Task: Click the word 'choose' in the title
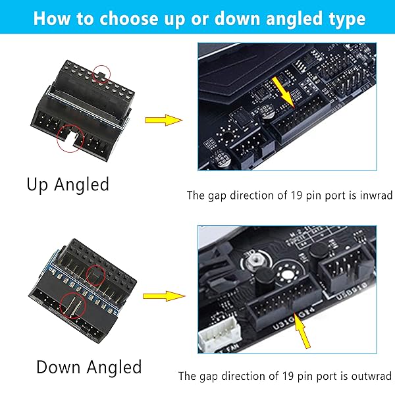pos(122,18)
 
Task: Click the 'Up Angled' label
pos(68,185)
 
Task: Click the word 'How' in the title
pos(50,18)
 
